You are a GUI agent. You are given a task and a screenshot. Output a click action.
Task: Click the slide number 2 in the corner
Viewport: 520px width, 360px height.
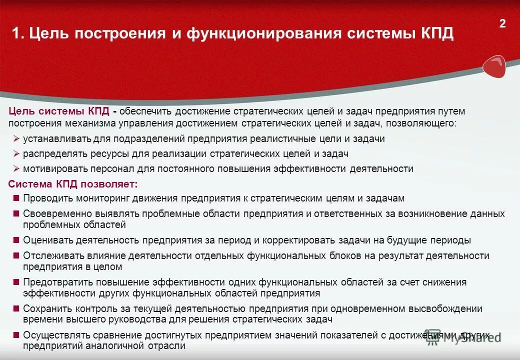click(x=502, y=23)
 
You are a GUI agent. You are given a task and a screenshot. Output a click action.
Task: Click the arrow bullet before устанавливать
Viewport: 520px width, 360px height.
click(x=16, y=139)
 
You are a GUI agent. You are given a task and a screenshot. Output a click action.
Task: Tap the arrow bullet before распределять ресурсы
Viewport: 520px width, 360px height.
click(x=16, y=154)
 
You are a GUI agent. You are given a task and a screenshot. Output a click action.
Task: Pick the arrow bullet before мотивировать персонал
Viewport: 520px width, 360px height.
click(x=16, y=168)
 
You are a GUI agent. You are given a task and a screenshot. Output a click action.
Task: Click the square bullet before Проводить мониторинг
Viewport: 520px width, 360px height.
click(x=16, y=198)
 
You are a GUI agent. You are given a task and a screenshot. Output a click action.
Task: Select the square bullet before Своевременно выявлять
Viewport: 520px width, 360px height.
click(x=16, y=213)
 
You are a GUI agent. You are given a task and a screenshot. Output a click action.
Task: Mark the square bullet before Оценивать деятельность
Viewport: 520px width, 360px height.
click(x=16, y=240)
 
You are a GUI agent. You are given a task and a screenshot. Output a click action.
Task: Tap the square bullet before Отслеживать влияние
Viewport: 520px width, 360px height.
click(x=16, y=255)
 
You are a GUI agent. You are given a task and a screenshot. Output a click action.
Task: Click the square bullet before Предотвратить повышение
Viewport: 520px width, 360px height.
click(x=16, y=282)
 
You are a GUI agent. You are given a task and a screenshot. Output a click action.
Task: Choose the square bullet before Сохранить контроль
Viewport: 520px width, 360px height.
click(x=16, y=308)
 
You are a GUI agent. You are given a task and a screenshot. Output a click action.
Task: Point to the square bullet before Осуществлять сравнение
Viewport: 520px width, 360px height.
click(x=16, y=335)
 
